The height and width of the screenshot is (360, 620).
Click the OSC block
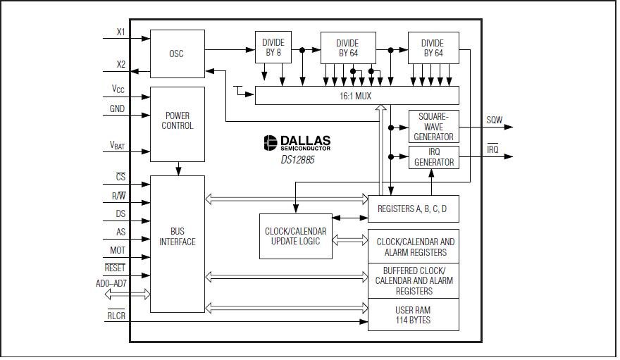[x=177, y=54]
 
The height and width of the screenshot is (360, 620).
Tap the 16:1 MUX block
[x=356, y=95]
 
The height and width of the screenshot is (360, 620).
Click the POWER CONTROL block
[x=177, y=121]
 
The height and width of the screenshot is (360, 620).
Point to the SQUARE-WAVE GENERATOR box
[x=433, y=126]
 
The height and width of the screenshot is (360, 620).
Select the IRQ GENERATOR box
[x=433, y=156]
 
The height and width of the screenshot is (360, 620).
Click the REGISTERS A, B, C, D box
[x=413, y=209]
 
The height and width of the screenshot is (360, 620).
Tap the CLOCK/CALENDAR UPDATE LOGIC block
[x=296, y=236]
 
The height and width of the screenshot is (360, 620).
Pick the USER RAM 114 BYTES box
[x=413, y=315]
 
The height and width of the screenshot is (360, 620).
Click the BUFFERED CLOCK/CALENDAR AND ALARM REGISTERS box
[x=413, y=280]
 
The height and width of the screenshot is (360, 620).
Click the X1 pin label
[x=120, y=32]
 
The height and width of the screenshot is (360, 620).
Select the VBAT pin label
[x=117, y=145]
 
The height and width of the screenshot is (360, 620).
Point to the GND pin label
[x=117, y=109]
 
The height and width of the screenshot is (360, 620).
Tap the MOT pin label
[x=118, y=250]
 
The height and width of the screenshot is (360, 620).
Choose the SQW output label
[x=495, y=120]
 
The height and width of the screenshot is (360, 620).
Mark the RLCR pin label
[x=116, y=316]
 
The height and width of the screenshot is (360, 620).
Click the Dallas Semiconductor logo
[x=297, y=142]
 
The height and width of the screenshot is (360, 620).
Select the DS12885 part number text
[x=296, y=160]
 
